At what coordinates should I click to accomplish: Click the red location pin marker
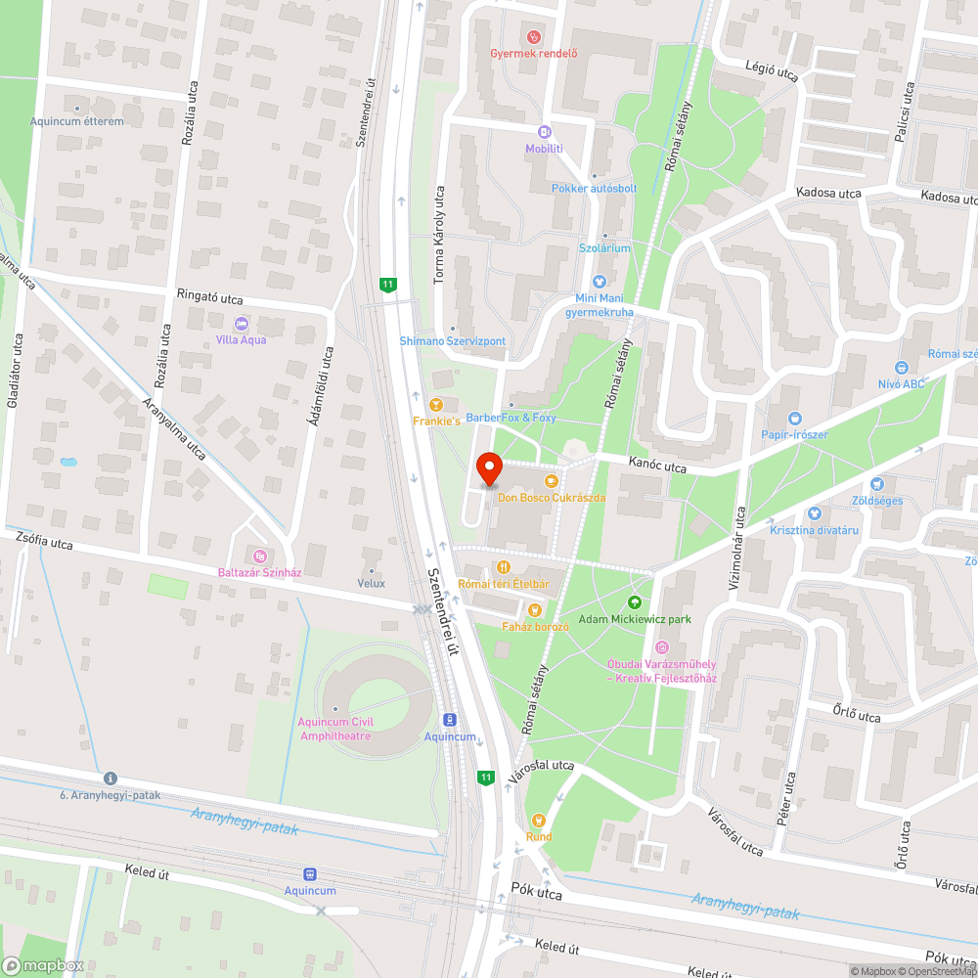click(x=488, y=470)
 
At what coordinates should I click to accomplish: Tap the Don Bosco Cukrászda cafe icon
click(x=552, y=480)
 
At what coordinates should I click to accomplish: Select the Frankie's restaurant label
click(x=436, y=421)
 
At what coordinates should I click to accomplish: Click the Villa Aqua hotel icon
click(x=241, y=324)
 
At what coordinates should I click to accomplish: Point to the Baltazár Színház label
click(x=258, y=573)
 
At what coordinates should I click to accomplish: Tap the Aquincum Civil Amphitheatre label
click(x=334, y=729)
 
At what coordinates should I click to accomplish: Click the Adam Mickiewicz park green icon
click(x=635, y=602)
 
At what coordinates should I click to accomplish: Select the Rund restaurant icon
click(x=537, y=820)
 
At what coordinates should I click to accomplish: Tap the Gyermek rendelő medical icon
click(x=533, y=37)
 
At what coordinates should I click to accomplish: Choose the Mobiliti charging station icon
click(x=545, y=132)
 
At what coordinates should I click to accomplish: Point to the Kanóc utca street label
click(x=658, y=467)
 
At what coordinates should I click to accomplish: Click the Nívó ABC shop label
click(x=901, y=384)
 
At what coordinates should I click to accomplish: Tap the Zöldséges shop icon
click(x=877, y=483)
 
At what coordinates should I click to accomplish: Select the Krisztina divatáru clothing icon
click(x=814, y=512)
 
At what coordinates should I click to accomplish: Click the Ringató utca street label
click(x=209, y=296)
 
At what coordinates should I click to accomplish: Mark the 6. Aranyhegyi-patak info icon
click(x=110, y=778)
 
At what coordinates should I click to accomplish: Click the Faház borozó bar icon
click(x=534, y=609)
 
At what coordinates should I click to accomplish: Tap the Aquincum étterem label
click(x=76, y=121)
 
